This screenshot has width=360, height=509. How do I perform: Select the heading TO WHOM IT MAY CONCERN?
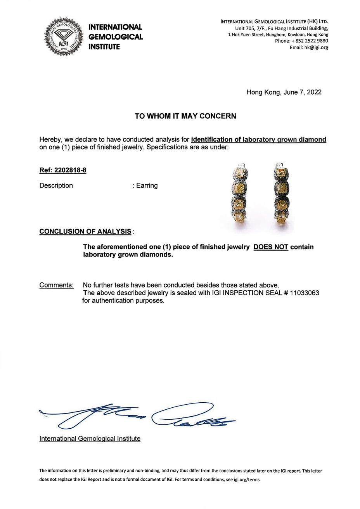click(185, 116)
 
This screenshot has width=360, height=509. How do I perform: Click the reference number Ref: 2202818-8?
click(63, 170)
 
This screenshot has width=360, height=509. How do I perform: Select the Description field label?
click(56, 185)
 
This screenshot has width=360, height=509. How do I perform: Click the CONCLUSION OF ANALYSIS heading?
click(85, 232)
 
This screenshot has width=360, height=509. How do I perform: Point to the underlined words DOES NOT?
click(271, 247)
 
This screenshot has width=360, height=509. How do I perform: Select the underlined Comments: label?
click(57, 286)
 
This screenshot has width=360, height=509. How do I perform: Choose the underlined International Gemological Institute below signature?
click(90, 439)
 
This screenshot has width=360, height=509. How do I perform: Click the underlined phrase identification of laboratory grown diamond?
click(259, 140)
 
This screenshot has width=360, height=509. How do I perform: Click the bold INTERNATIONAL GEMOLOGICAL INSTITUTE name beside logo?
click(116, 37)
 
